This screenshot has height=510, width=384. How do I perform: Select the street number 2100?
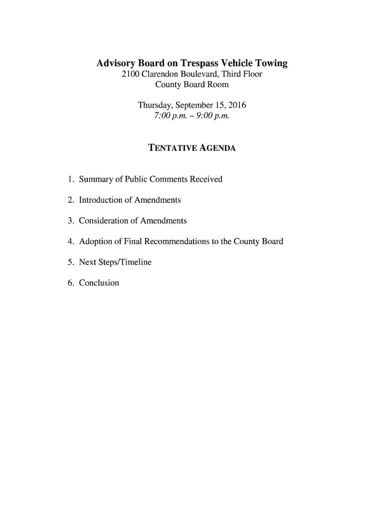pos(131,75)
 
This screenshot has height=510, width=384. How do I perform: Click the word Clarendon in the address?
pos(163,75)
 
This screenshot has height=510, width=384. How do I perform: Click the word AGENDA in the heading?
pos(218,149)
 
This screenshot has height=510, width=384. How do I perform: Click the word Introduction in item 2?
pos(100,200)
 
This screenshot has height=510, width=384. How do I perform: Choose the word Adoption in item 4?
pos(95,242)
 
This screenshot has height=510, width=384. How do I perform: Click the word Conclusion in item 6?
pos(99,283)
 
